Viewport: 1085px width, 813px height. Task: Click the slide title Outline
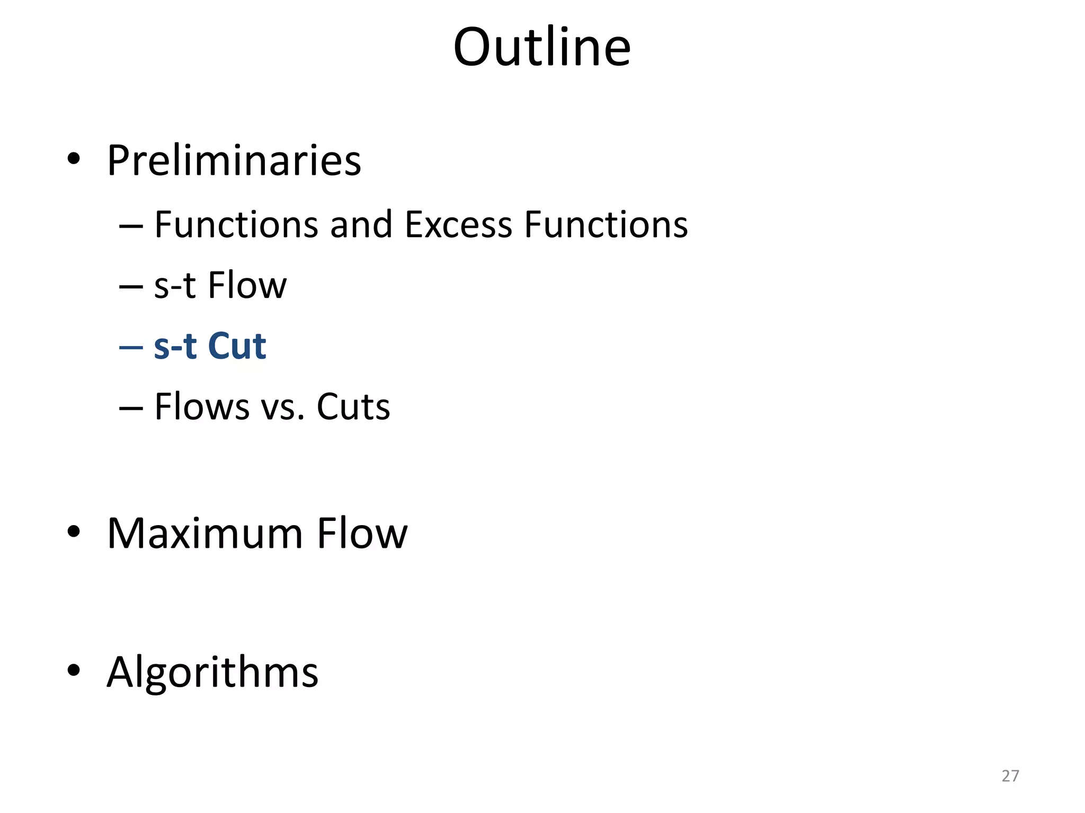pyautogui.click(x=542, y=48)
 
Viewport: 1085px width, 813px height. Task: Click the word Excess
pyautogui.click(x=458, y=225)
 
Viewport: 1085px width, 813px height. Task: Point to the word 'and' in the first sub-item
pyautogui.click(x=361, y=225)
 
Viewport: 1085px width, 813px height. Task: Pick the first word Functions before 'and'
pyautogui.click(x=236, y=225)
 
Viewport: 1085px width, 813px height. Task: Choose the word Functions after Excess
pyautogui.click(x=606, y=225)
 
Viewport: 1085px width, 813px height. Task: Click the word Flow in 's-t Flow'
pyautogui.click(x=247, y=286)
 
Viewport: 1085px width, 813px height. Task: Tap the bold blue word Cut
pyautogui.click(x=237, y=347)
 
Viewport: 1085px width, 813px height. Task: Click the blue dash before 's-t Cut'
pyautogui.click(x=131, y=347)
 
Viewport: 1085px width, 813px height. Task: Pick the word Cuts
pyautogui.click(x=353, y=407)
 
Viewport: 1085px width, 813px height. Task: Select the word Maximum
pyautogui.click(x=205, y=534)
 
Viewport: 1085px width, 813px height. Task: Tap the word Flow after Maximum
pyautogui.click(x=362, y=534)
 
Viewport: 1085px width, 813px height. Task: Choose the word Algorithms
pyautogui.click(x=212, y=673)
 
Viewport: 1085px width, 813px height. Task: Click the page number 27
pyautogui.click(x=1010, y=776)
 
